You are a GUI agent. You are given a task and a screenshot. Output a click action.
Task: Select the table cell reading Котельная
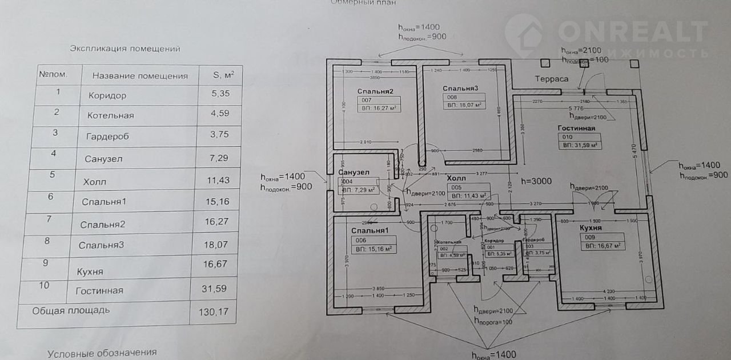(111, 115)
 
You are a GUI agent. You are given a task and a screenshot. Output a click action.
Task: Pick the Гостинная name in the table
(99, 291)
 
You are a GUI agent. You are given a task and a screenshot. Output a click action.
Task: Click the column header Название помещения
(140, 75)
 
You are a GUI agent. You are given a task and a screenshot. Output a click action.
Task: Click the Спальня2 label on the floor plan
(375, 91)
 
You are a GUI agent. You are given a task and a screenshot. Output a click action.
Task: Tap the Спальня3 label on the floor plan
(460, 88)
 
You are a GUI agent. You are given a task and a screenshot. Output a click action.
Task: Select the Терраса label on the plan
(551, 79)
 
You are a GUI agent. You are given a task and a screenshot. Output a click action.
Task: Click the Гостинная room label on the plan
(576, 129)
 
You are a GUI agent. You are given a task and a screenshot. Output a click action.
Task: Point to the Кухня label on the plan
(591, 228)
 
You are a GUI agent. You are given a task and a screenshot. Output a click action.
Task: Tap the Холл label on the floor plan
(456, 178)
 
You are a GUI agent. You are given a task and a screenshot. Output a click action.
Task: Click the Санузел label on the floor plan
(354, 172)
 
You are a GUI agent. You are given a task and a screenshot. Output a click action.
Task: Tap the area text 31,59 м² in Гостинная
(580, 146)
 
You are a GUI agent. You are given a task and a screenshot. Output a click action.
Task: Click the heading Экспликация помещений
(125, 49)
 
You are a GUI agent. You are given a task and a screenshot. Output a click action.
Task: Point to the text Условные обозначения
(102, 353)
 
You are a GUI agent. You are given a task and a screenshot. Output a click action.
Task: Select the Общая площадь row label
(71, 311)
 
